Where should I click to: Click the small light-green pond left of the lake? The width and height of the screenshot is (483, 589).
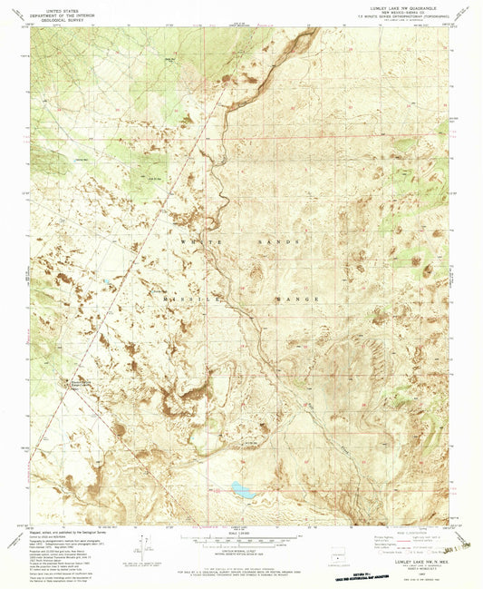[x=217, y=488]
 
